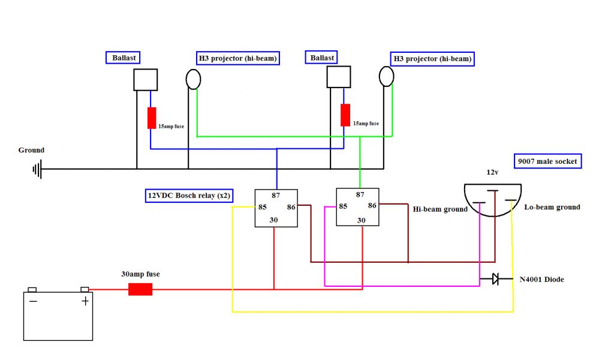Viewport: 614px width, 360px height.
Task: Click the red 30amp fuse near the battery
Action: coord(141,289)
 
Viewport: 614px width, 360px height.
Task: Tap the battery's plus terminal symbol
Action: coord(85,301)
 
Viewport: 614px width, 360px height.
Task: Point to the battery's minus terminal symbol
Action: coord(33,301)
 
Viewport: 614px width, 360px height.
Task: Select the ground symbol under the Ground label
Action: coord(37,169)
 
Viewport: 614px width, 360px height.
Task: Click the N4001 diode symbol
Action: coord(495,279)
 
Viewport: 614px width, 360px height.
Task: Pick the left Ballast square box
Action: coord(145,80)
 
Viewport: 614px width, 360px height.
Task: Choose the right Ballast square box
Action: coord(338,77)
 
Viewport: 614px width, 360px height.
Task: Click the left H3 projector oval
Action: coord(193,79)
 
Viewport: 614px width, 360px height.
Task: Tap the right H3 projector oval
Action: coord(387,76)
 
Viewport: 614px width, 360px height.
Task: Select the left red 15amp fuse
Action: coord(152,118)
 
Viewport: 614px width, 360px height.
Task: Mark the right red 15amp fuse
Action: coord(345,115)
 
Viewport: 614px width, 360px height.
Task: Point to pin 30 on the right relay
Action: coord(361,220)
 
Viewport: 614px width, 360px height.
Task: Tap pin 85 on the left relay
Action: coord(262,208)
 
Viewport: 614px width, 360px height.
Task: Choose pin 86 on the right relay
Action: coord(372,205)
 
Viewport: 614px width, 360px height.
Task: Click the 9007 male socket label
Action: coord(548,161)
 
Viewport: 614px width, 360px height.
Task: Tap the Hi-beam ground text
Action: coord(440,209)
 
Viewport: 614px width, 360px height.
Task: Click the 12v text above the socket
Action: coord(493,172)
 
